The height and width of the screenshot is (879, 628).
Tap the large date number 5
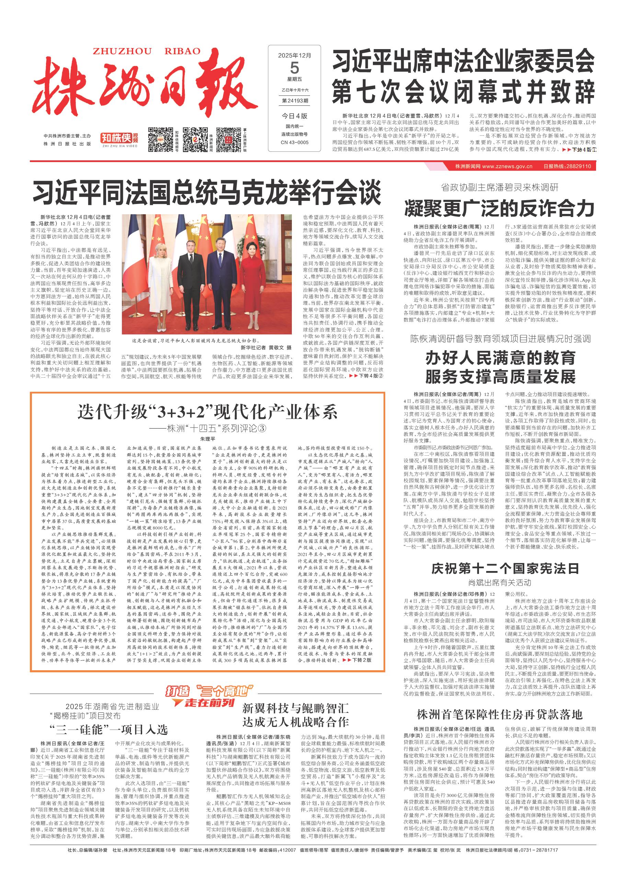[x=294, y=68]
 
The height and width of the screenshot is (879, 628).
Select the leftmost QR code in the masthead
[x=160, y=140]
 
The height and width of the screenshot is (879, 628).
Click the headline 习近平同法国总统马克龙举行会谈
[x=207, y=193]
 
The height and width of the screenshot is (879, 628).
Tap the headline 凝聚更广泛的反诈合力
[x=500, y=209]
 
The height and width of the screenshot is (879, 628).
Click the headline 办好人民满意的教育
[x=500, y=358]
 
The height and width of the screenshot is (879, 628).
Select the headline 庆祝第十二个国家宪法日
[x=505, y=569]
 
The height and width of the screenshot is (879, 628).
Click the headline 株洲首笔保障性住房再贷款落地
[x=500, y=714]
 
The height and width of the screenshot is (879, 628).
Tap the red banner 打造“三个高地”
[x=209, y=691]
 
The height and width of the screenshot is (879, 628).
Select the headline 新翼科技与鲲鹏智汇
[x=295, y=708]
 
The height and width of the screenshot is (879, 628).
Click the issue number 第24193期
[x=295, y=101]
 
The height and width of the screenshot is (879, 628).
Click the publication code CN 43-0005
[x=295, y=142]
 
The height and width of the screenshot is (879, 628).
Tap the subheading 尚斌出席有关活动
[x=500, y=583]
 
